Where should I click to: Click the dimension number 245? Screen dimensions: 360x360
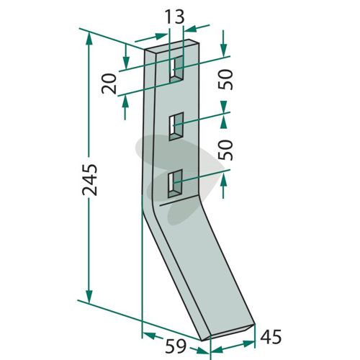(x=90, y=179)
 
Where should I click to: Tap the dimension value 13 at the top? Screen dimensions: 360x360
(x=175, y=17)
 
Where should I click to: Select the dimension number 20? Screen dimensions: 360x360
(x=109, y=84)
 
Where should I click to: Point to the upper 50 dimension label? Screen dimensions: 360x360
(x=225, y=79)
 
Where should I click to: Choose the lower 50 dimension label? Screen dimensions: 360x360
(x=225, y=150)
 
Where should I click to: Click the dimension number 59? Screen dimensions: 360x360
(x=176, y=346)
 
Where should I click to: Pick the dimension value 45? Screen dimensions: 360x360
(x=271, y=337)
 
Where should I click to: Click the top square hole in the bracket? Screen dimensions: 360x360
(x=176, y=69)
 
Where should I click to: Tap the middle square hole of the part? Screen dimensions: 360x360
(x=176, y=126)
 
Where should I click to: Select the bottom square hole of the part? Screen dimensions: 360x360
(x=176, y=184)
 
